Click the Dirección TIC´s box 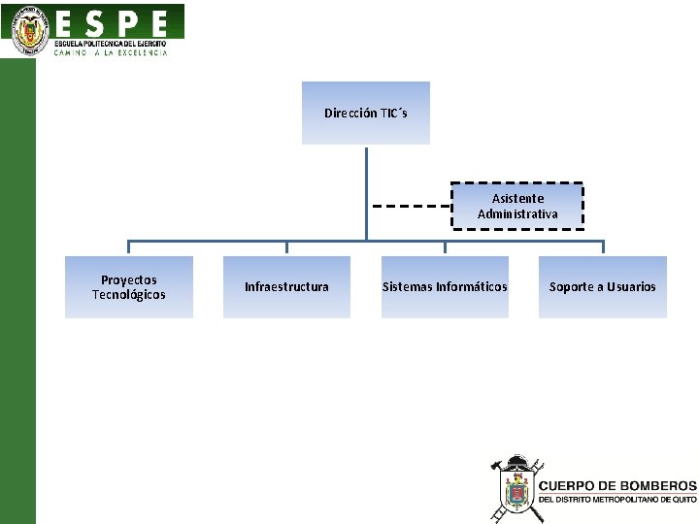pyautogui.click(x=365, y=113)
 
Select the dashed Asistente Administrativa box pyautogui.click(x=517, y=206)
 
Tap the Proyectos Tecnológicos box pyautogui.click(x=129, y=287)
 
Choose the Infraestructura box pyautogui.click(x=286, y=287)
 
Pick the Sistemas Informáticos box pyautogui.click(x=445, y=287)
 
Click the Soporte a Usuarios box pyautogui.click(x=603, y=287)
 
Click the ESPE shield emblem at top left pyautogui.click(x=31, y=31)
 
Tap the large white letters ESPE pyautogui.click(x=112, y=23)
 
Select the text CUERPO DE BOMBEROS pyautogui.click(x=616, y=485)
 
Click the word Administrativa pyautogui.click(x=517, y=213)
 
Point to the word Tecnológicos pyautogui.click(x=129, y=295)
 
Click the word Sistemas pyautogui.click(x=407, y=287)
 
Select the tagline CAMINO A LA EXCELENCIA pyautogui.click(x=111, y=53)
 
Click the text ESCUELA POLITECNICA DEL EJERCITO pyautogui.click(x=111, y=44)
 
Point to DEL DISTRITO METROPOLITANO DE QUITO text pyautogui.click(x=616, y=499)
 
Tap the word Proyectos pyautogui.click(x=129, y=280)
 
